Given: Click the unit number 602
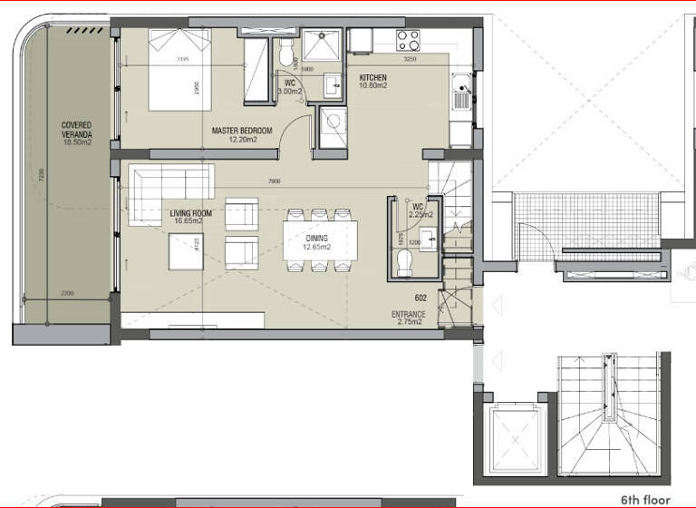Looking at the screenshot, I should pyautogui.click(x=420, y=296).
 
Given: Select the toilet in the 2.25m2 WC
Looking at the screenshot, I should pyautogui.click(x=405, y=261).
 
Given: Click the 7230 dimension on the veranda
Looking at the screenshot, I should pyautogui.click(x=34, y=179).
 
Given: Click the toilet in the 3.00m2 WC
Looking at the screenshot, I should pyautogui.click(x=287, y=53).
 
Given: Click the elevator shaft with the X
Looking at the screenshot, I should pyautogui.click(x=515, y=442).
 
